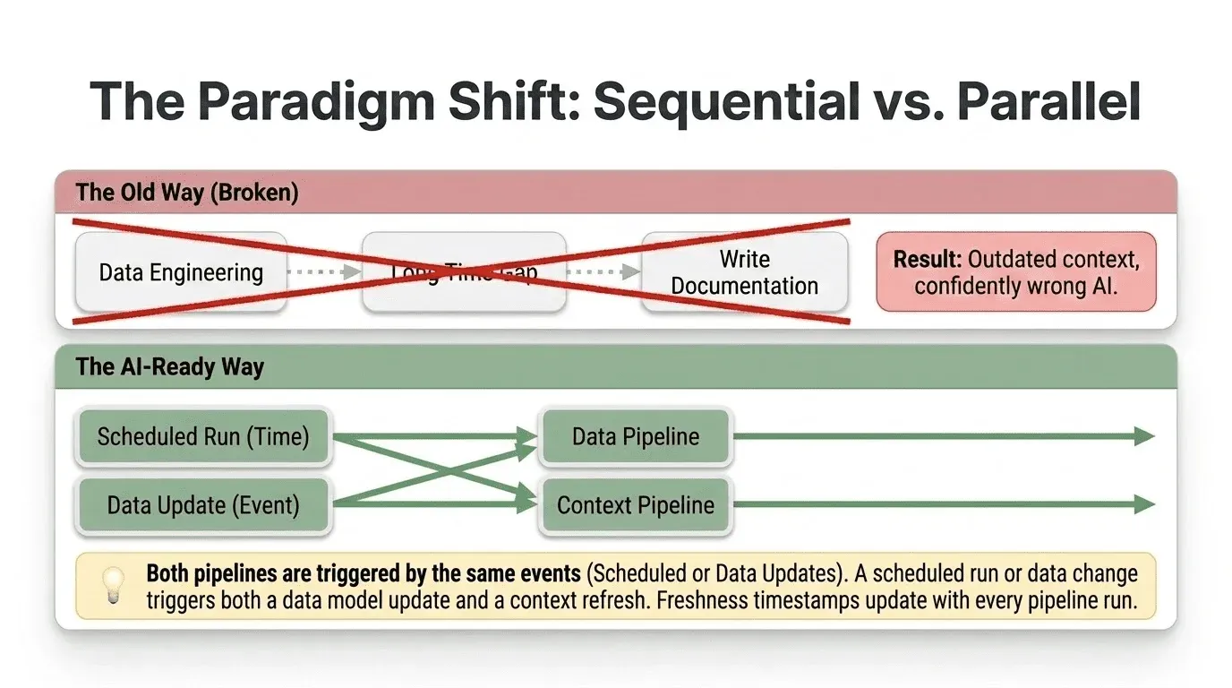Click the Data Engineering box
pos(180,272)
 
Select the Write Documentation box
pos(744,272)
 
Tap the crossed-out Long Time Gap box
pos(463,272)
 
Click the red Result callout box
pos(1015,272)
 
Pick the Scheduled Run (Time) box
pos(203,437)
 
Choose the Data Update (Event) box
pos(203,505)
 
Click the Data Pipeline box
pos(636,437)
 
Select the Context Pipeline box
pos(636,505)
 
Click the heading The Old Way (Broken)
pos(187,193)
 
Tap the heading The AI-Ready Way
pos(170,367)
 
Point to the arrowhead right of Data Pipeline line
pos(1144,437)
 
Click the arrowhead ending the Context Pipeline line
pos(1144,505)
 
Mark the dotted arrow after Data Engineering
pos(323,272)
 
